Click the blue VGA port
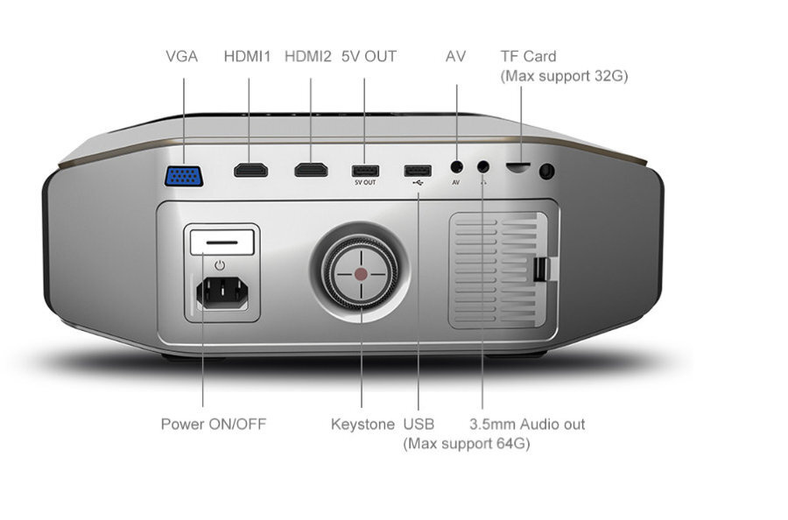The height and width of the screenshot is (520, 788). (x=184, y=176)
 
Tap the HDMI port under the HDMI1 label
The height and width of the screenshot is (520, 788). (x=250, y=169)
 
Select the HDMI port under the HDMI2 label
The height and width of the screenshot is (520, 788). (x=310, y=169)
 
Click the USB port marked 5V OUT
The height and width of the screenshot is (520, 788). (x=364, y=169)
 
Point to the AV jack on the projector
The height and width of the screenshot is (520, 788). (x=456, y=165)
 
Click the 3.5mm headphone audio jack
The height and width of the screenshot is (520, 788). (x=482, y=165)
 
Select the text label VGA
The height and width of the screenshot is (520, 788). (x=181, y=57)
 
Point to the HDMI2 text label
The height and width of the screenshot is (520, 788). (x=308, y=57)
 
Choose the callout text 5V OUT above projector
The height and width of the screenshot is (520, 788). (x=369, y=57)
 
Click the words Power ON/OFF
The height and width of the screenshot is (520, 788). (x=213, y=425)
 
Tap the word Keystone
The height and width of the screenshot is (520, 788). (x=362, y=425)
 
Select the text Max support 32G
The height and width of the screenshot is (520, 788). (x=564, y=76)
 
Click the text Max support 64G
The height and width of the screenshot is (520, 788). (x=466, y=444)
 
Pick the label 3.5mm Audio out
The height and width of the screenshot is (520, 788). (x=527, y=425)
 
